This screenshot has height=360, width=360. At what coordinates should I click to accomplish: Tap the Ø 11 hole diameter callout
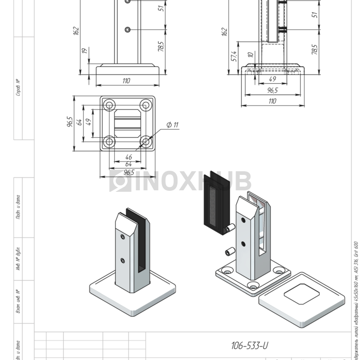tap(172, 125)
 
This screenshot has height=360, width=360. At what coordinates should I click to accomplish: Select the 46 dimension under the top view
tap(128, 157)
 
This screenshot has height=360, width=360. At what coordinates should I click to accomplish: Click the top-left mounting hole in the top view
tap(109, 105)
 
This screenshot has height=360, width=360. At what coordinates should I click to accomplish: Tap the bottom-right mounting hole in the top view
tap(146, 141)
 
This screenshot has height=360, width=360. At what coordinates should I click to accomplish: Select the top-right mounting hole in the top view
tap(146, 105)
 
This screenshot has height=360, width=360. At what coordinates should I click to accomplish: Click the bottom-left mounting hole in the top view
tap(109, 141)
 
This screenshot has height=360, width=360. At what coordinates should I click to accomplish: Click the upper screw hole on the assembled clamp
tap(122, 237)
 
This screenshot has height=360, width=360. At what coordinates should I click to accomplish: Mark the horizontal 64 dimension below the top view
tap(128, 164)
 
